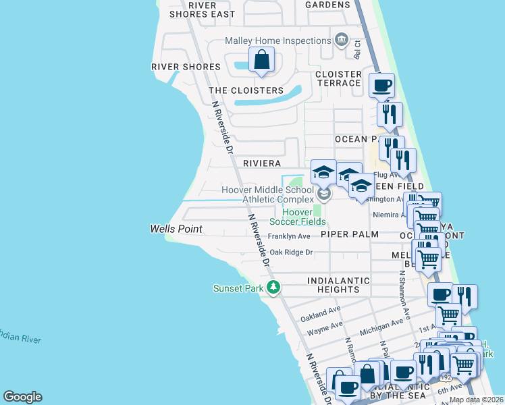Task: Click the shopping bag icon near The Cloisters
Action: pyautogui.click(x=261, y=59)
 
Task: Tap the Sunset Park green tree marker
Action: pyautogui.click(x=273, y=288)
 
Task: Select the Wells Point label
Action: pyautogui.click(x=176, y=230)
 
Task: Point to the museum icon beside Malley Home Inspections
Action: pyautogui.click(x=342, y=40)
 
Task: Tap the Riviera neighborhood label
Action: pyautogui.click(x=261, y=164)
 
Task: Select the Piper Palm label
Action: pyautogui.click(x=349, y=234)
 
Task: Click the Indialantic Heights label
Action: pyautogui.click(x=338, y=285)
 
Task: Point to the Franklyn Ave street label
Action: pyautogui.click(x=289, y=236)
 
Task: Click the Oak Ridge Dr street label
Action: pyautogui.click(x=292, y=252)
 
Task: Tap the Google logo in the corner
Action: pyautogui.click(x=22, y=397)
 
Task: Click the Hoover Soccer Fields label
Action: pyautogui.click(x=298, y=216)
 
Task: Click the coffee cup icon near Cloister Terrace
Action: pyautogui.click(x=381, y=86)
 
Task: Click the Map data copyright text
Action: pyautogui.click(x=475, y=400)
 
